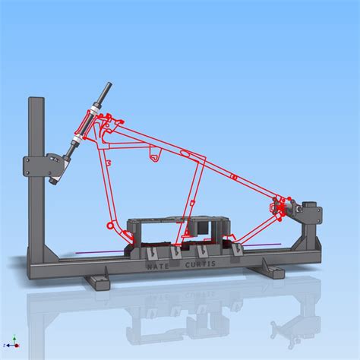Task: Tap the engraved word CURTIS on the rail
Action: click(201, 264)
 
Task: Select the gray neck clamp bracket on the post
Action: click(41, 167)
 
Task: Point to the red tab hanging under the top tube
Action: click(155, 156)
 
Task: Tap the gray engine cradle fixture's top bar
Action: click(175, 222)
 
